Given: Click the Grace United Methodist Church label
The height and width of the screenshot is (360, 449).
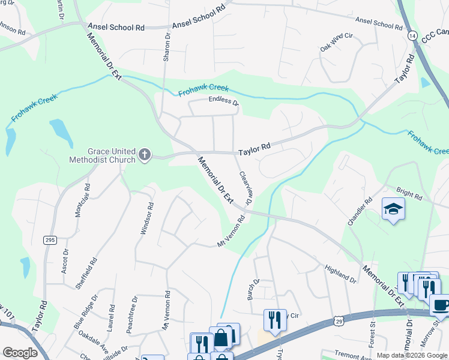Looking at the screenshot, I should point(102,155).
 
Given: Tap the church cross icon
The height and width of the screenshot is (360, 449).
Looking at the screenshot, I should point(144,155).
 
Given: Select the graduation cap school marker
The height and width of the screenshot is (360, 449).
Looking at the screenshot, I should point(393,209).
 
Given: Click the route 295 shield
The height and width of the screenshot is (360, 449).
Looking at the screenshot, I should point(50,240).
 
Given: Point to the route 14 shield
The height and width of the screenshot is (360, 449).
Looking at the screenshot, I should point(412,36).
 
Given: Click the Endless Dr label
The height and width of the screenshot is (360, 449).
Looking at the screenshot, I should point(223,101).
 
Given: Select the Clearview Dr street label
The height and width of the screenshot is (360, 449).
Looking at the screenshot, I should point(244,188).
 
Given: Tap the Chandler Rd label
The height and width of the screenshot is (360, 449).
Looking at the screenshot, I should point(360,211).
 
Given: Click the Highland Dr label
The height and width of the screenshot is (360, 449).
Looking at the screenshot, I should point(340,274).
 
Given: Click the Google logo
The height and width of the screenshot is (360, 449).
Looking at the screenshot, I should point(20,353).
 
